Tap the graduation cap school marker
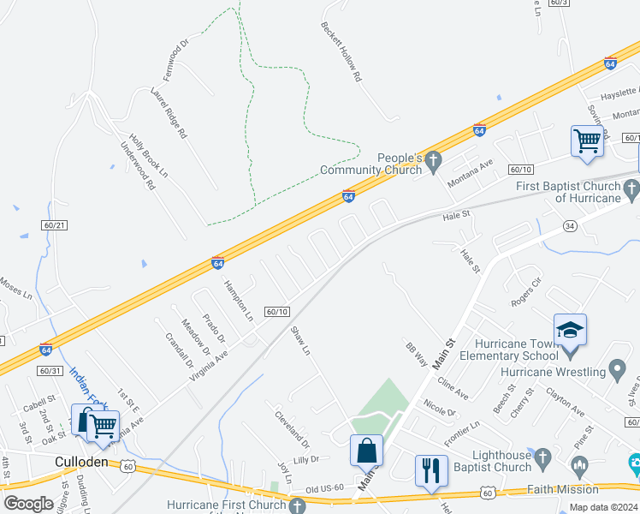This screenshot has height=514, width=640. (571, 329)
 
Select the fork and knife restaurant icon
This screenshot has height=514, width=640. (430, 469)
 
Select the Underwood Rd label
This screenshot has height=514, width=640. (138, 166)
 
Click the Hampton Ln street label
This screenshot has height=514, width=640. (239, 299)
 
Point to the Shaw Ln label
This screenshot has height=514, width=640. (299, 340)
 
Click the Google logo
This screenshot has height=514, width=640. (29, 503)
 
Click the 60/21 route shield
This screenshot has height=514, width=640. (52, 224)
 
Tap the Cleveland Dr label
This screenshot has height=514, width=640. (292, 431)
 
